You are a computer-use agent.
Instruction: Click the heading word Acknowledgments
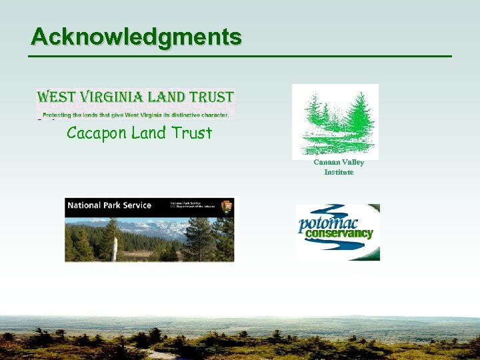[136, 37]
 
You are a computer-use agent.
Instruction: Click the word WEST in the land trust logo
[55, 97]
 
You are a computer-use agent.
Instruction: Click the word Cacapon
[97, 133]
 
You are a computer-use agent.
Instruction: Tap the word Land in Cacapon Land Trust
[148, 133]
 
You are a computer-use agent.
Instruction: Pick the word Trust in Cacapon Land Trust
[191, 133]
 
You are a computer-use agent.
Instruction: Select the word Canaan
[327, 162]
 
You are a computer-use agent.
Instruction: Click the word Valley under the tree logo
[353, 162]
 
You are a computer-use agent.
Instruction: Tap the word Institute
[339, 172]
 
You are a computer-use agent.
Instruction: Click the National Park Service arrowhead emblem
[226, 206]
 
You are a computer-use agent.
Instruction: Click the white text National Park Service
[109, 205]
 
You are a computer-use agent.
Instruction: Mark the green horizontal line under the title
[240, 56]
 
